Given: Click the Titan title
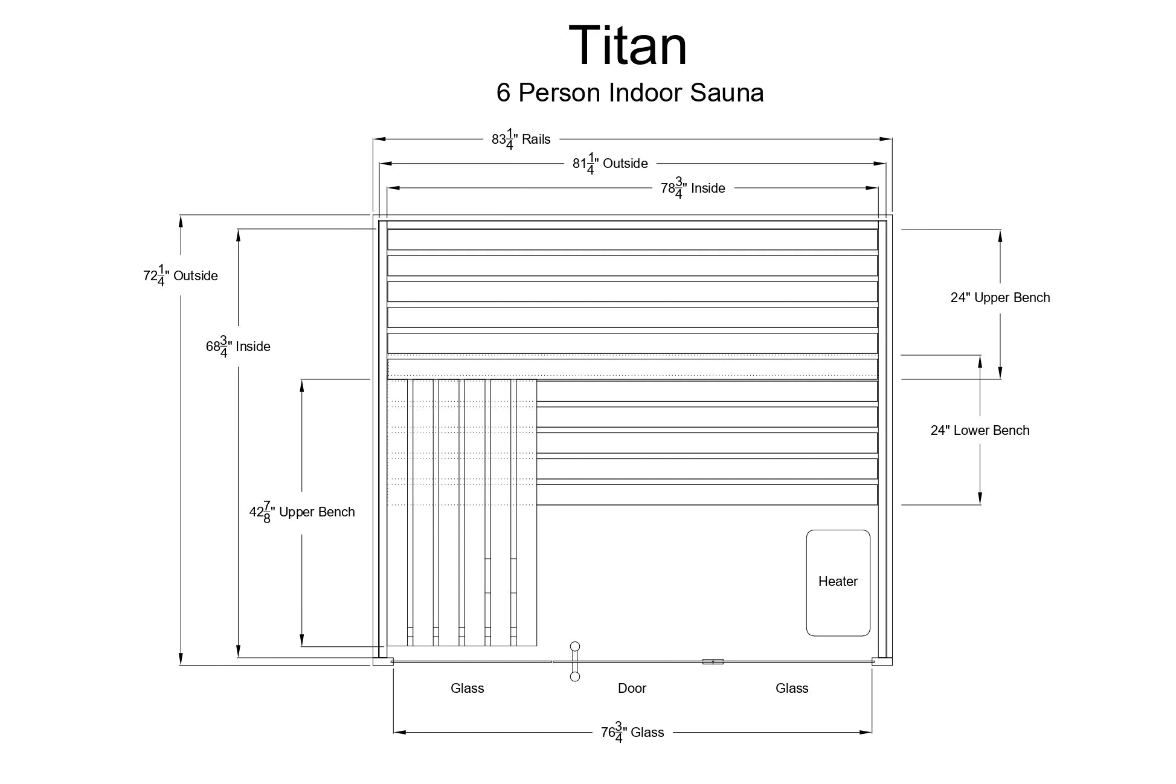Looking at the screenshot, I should coord(628,46).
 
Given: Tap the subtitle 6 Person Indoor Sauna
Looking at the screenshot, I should coord(630,93).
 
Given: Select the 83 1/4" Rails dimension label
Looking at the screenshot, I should coord(521,140).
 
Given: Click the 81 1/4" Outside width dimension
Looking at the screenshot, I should coord(610,164).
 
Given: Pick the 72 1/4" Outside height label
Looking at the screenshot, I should coord(180,276).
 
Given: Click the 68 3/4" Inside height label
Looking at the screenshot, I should coord(238,347).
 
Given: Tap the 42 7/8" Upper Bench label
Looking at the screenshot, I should coord(302,512).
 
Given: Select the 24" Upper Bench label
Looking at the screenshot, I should coord(1000,298).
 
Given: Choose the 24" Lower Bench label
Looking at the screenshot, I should coord(980,431).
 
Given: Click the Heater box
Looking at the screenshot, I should coord(838,582).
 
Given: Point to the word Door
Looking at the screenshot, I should coord(632,689).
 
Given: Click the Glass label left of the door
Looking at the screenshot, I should coord(467,689).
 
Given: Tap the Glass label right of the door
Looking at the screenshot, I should coord(791,689).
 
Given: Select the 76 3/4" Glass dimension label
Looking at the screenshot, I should coord(632,733).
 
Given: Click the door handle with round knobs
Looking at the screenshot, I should coord(575,661).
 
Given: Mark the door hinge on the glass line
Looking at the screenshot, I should coord(713,661).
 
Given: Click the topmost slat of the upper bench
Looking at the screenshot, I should coord(632,240).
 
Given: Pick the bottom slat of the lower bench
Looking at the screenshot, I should coord(707,495).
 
